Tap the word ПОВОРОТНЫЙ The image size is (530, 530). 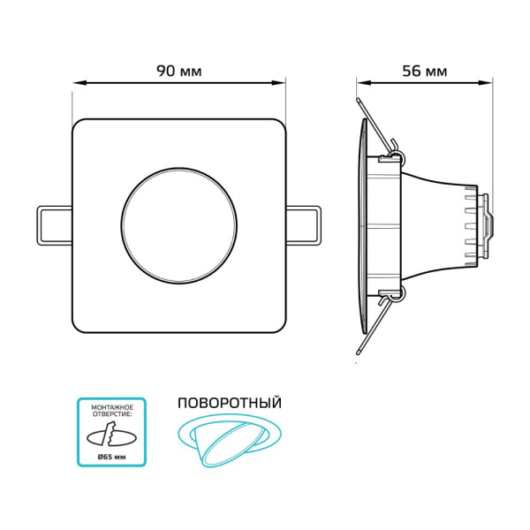(230, 403)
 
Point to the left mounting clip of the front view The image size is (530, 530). (53, 225)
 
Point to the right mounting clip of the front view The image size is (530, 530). (303, 225)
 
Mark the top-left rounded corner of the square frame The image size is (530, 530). (79, 125)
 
